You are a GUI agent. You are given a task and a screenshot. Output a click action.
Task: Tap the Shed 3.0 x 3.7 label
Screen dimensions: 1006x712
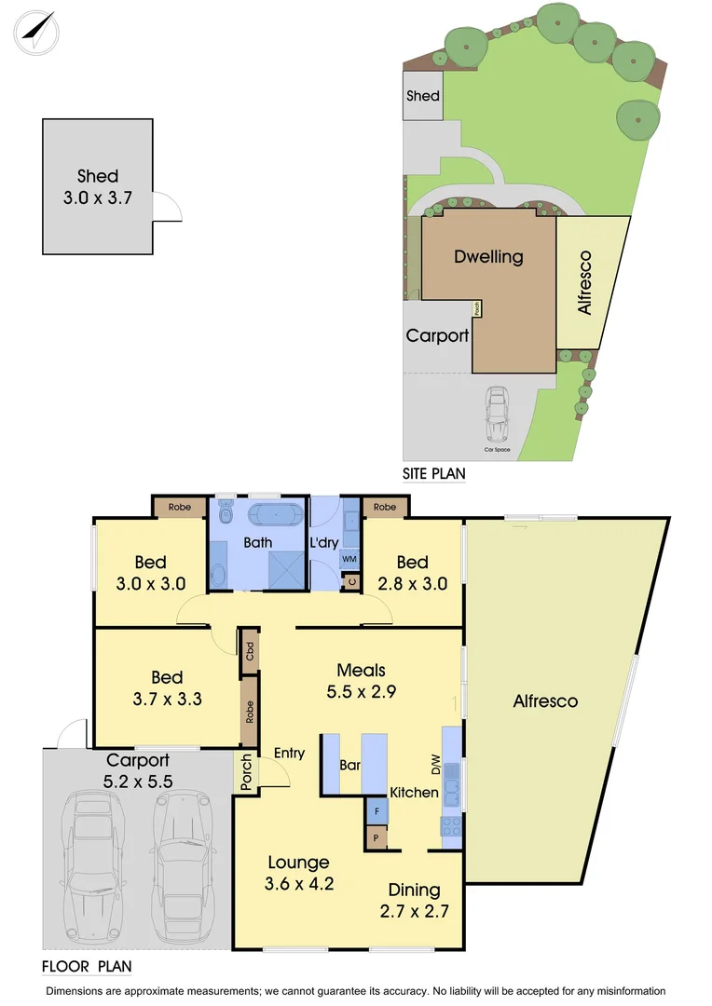tap(98, 185)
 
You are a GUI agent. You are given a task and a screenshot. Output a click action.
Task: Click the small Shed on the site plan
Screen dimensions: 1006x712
tap(422, 96)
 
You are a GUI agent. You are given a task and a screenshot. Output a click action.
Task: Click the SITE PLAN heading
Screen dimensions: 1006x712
tap(433, 474)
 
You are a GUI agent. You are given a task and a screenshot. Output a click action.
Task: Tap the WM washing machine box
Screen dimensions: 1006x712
tap(349, 559)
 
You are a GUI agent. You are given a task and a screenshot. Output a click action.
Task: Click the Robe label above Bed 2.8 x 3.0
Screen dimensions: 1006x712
tap(385, 508)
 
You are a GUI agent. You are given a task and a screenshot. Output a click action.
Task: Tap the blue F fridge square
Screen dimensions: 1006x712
tap(377, 810)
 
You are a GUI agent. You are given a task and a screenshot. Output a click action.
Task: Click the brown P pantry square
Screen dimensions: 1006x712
tap(377, 837)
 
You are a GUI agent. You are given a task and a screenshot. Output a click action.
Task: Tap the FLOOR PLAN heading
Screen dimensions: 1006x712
tap(87, 967)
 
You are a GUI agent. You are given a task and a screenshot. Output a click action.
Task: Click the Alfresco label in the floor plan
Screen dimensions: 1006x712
tap(545, 701)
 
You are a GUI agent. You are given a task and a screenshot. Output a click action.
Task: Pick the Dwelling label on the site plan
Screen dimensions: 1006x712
tap(488, 257)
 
